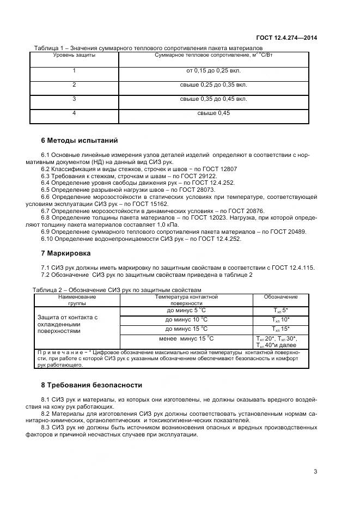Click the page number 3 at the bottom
(315, 472)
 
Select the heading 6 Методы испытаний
(80, 140)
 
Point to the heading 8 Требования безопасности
(91, 385)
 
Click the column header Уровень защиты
(74, 56)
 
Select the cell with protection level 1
(74, 70)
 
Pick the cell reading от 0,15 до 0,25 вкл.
(213, 70)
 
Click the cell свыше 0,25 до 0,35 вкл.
(213, 84)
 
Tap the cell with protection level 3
(74, 99)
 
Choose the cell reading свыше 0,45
(213, 113)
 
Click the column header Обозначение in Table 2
(280, 297)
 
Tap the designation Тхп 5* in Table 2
(280, 310)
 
